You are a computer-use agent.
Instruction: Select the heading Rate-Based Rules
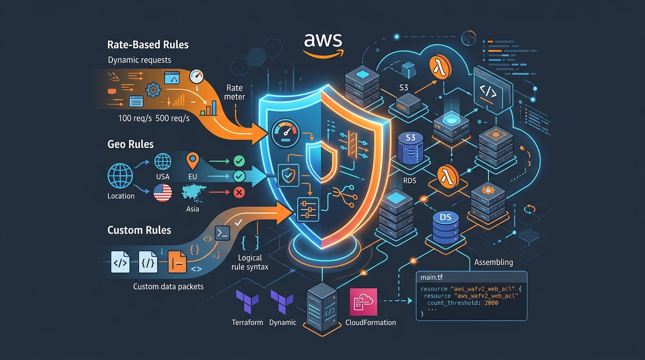pyautogui.click(x=148, y=45)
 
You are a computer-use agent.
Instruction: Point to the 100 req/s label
pyautogui.click(x=135, y=118)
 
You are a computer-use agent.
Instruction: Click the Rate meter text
pyautogui.click(x=234, y=92)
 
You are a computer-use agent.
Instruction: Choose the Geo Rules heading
pyautogui.click(x=130, y=144)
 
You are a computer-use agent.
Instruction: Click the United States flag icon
pyautogui.click(x=163, y=193)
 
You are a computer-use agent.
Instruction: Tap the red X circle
pyautogui.click(x=239, y=192)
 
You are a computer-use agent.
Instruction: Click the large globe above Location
pyautogui.click(x=120, y=176)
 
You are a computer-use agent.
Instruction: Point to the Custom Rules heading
pyautogui.click(x=139, y=230)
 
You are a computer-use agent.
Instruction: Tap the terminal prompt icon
pyautogui.click(x=221, y=232)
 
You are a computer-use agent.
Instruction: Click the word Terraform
pyautogui.click(x=247, y=322)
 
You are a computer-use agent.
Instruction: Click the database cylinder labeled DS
pyautogui.click(x=445, y=226)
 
